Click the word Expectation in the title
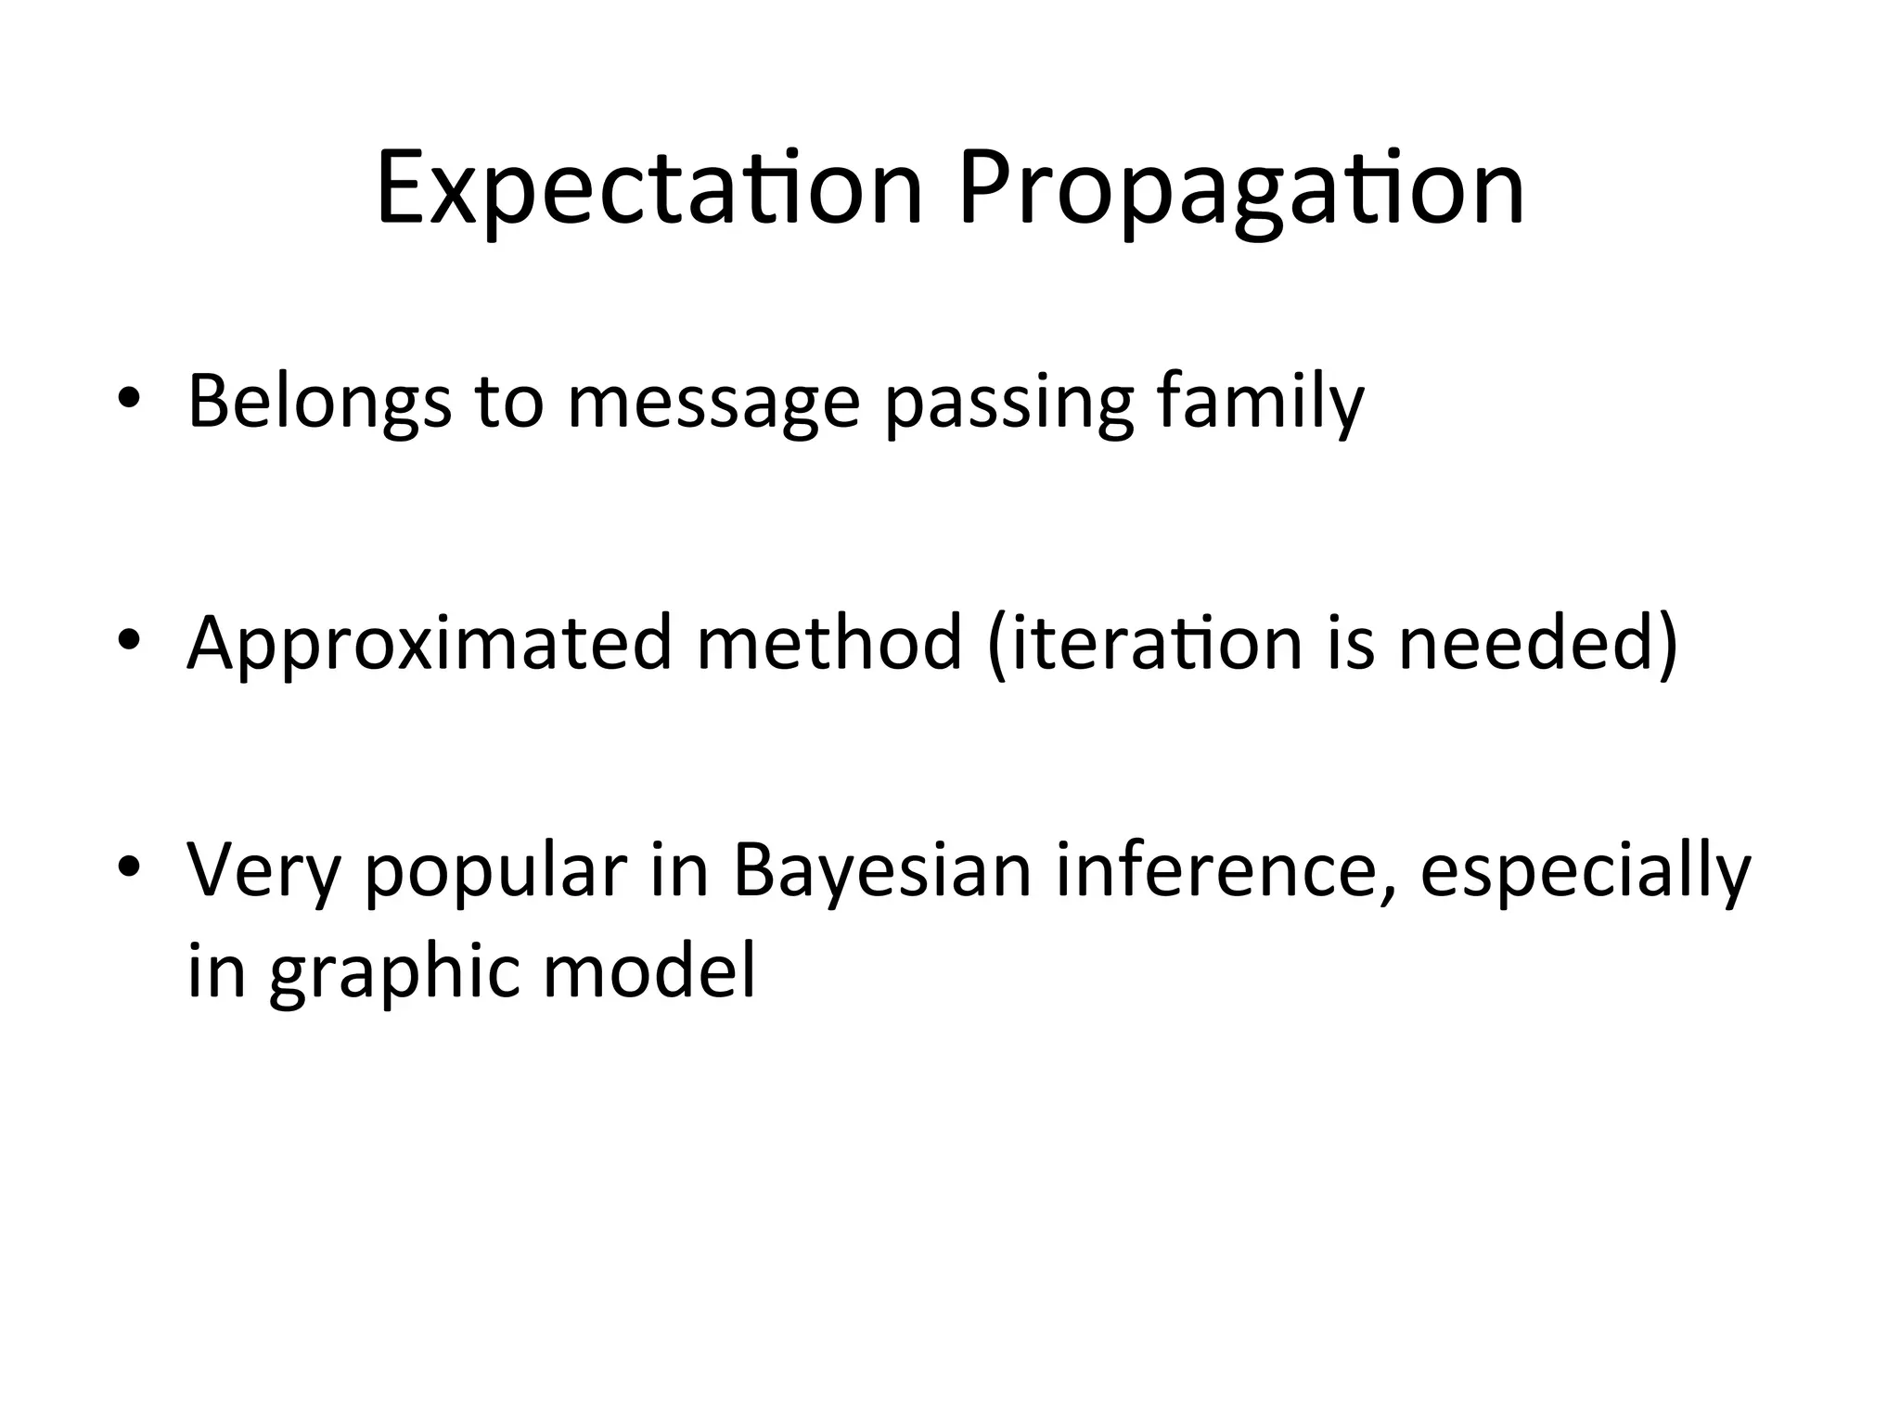coord(649,190)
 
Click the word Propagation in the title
coord(1240,190)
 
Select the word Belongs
coord(319,402)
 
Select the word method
coord(828,642)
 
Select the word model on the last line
coord(648,970)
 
